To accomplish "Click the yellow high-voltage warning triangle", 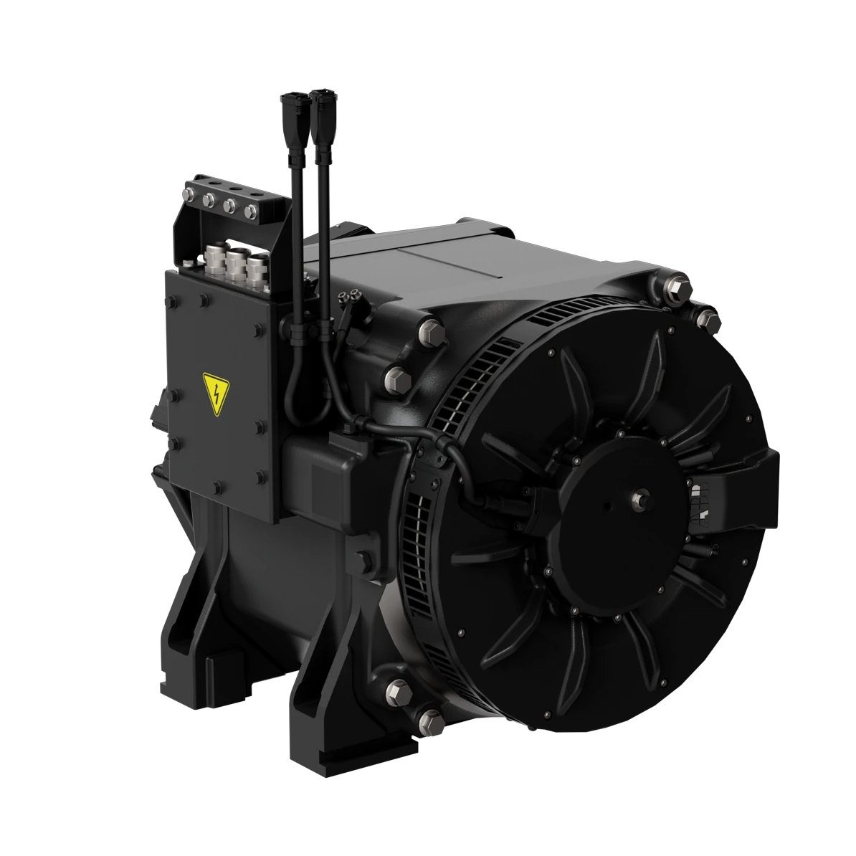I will click(x=216, y=394).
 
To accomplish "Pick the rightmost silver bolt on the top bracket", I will click(x=251, y=211).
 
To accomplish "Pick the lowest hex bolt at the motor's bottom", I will click(x=430, y=718).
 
